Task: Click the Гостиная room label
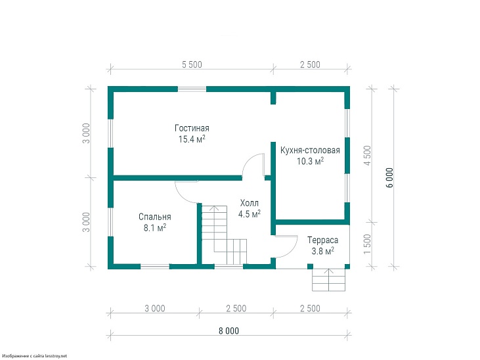click(192, 128)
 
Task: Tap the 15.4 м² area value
click(192, 139)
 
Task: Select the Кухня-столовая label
click(310, 150)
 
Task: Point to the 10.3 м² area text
click(311, 161)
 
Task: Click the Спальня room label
click(154, 217)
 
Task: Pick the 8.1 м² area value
click(155, 228)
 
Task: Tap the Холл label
click(249, 203)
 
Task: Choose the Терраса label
click(322, 240)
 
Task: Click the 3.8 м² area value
click(322, 251)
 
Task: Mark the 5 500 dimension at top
click(192, 64)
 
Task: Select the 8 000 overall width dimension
click(229, 331)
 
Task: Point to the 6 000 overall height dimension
click(389, 178)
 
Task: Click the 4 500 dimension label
click(367, 155)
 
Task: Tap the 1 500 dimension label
click(367, 244)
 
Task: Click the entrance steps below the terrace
click(329, 280)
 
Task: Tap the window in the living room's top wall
click(192, 89)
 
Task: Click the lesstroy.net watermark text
click(34, 356)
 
